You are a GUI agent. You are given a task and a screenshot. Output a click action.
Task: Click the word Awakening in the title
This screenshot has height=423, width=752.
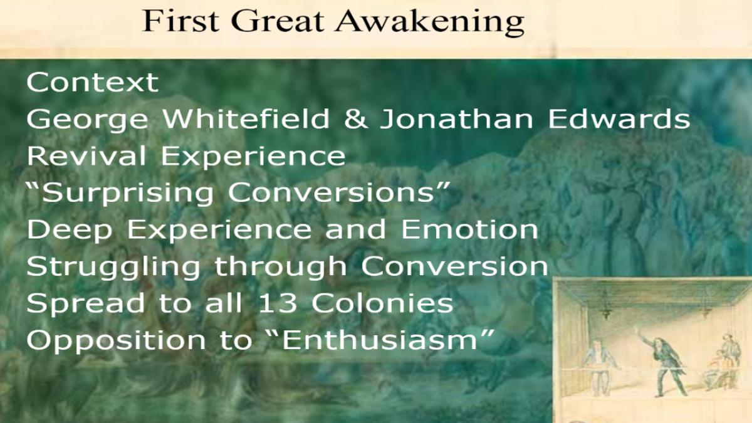tap(430, 22)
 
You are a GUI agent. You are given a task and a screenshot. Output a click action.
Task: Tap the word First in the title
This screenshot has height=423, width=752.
tap(181, 21)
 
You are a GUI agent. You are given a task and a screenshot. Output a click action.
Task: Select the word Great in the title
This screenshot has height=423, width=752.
tap(277, 21)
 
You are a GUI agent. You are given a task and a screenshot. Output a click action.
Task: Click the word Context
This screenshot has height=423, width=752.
tap(92, 82)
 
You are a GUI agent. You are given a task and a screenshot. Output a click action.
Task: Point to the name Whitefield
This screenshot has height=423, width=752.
tap(246, 118)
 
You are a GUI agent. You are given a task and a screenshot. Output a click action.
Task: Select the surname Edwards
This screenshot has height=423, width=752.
tap(619, 118)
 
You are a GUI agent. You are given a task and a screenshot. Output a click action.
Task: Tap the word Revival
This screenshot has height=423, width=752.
tap(86, 155)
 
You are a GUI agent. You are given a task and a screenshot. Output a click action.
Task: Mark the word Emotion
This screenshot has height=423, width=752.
tap(470, 229)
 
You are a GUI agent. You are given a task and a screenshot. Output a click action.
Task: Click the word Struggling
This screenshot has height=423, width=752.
tap(113, 268)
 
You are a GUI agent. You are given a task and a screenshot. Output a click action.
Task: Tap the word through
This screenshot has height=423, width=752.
tap(281, 268)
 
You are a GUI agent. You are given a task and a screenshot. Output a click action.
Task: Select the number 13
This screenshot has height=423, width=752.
tap(277, 303)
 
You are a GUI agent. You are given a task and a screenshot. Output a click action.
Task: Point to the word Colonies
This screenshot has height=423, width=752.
tap(382, 303)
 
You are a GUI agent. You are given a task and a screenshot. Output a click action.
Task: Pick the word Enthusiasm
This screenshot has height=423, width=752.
tap(380, 340)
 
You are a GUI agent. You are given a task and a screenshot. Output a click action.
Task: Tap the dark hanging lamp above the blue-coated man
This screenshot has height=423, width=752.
tap(605, 306)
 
